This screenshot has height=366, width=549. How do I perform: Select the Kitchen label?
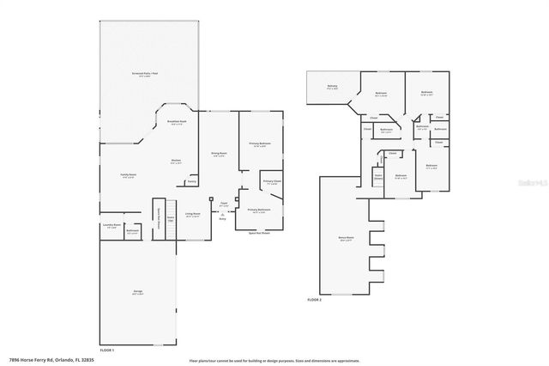coord(175,162)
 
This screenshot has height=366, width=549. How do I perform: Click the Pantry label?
coord(191,181)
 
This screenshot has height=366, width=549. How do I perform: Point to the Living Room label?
coord(193,215)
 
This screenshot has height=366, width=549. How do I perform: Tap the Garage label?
coord(137,292)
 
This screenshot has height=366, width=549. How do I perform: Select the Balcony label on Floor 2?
coord(331,86)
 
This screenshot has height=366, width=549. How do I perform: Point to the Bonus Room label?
coord(347,239)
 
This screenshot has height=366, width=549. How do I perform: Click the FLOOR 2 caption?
coord(315,300)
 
